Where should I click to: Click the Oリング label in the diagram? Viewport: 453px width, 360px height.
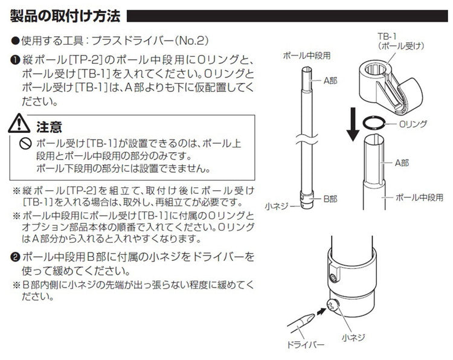point(413,123)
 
